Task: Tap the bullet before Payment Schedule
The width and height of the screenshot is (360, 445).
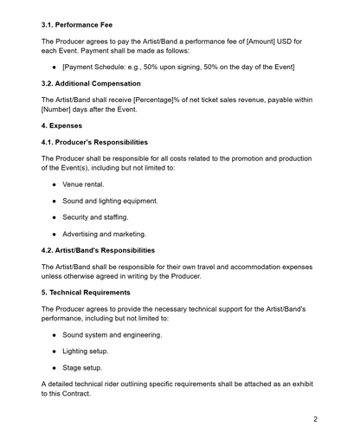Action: pyautogui.click(x=55, y=68)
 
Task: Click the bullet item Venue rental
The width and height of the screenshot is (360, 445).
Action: pyautogui.click(x=86, y=184)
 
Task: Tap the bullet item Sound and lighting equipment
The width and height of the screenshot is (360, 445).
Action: pyautogui.click(x=110, y=201)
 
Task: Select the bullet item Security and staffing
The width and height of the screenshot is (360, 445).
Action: pyautogui.click(x=95, y=217)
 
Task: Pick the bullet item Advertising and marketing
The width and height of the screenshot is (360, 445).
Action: pyautogui.click(x=104, y=234)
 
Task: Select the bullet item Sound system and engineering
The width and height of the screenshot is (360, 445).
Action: pyautogui.click(x=112, y=335)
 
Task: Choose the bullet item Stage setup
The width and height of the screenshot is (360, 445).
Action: pyautogui.click(x=82, y=368)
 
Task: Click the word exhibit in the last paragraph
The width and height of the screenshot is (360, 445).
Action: pyautogui.click(x=302, y=384)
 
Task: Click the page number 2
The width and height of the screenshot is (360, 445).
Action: pyautogui.click(x=316, y=419)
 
